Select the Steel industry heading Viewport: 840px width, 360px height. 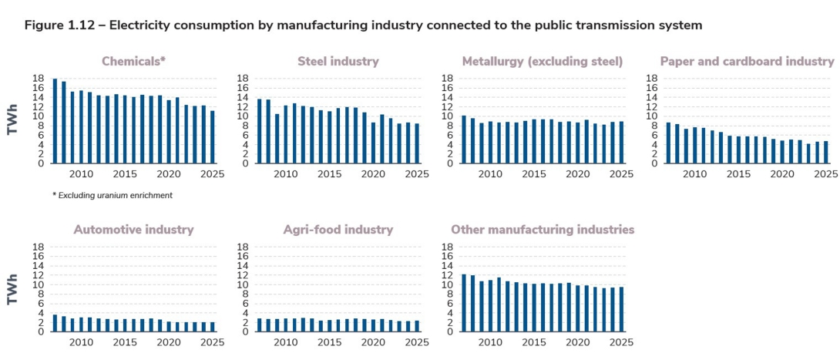(338, 62)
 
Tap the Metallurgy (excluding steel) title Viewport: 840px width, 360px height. (543, 62)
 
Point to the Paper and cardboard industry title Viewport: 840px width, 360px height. (747, 62)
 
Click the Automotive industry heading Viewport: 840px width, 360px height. (133, 230)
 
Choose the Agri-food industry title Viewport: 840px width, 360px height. (338, 230)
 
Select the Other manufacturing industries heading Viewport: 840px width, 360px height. (543, 230)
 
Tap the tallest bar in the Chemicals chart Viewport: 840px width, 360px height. (55, 121)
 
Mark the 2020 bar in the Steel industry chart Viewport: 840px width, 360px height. (373, 143)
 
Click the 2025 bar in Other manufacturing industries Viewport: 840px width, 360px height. (621, 309)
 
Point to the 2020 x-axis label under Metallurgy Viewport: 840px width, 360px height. (577, 174)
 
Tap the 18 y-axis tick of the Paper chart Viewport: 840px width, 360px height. (650, 79)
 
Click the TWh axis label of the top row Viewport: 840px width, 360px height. (12, 121)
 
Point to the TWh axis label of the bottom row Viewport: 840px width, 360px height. (12, 289)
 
